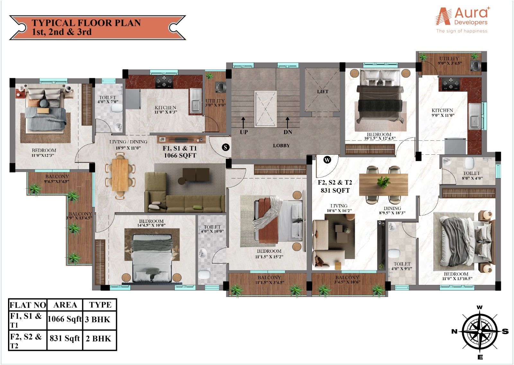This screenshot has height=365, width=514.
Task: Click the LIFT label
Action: (x=323, y=91)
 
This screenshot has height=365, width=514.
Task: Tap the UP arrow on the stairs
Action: (x=243, y=123)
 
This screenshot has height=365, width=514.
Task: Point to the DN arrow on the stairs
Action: (x=288, y=123)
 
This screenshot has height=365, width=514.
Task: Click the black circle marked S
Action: (x=226, y=147)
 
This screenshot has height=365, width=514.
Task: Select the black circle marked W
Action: (x=327, y=160)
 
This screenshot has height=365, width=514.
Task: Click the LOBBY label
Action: (x=281, y=145)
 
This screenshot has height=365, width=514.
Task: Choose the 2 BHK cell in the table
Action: (x=99, y=339)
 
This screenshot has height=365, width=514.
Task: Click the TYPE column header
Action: (x=100, y=305)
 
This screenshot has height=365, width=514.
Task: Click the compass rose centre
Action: (x=480, y=332)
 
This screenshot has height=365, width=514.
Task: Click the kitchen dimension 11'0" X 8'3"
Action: (x=166, y=112)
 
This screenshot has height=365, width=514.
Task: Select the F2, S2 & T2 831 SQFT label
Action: (x=335, y=186)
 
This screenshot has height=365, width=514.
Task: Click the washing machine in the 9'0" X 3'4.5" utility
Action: (x=476, y=65)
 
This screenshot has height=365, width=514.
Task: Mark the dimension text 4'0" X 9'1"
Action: (x=402, y=269)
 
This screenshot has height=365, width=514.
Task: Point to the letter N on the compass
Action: (x=454, y=331)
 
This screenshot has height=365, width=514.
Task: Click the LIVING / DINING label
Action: (x=128, y=142)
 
